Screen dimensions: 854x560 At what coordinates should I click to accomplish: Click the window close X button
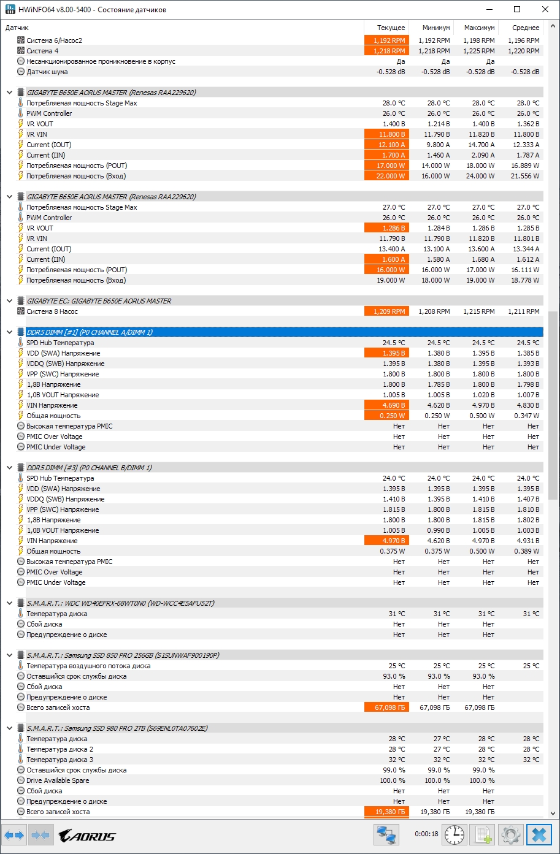click(x=545, y=9)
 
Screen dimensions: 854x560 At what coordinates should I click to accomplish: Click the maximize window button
click(x=517, y=9)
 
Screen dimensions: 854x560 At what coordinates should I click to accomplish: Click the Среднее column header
click(x=526, y=28)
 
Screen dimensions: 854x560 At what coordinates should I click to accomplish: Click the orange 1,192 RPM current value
click(x=386, y=40)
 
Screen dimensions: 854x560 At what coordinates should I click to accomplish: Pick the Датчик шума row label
click(x=47, y=72)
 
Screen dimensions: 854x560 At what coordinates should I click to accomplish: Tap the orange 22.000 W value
click(x=386, y=176)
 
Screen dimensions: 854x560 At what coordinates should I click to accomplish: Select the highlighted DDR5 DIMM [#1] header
click(x=90, y=332)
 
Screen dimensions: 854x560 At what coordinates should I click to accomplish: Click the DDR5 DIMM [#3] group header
click(x=90, y=468)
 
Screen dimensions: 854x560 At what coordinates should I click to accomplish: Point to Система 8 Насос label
click(x=52, y=311)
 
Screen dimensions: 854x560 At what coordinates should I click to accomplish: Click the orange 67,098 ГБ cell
click(x=386, y=707)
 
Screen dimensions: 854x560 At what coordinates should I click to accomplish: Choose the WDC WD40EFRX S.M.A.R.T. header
click(x=120, y=603)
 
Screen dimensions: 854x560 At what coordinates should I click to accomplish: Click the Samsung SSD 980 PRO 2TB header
click(x=117, y=728)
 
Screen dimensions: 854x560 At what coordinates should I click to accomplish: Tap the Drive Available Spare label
click(x=58, y=780)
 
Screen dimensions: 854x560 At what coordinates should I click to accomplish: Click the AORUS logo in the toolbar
click(x=86, y=835)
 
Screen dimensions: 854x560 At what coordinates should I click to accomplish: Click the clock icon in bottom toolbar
click(x=454, y=835)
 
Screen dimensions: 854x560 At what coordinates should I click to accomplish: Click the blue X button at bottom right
click(x=539, y=835)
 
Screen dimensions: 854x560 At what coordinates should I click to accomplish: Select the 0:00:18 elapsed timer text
click(x=426, y=834)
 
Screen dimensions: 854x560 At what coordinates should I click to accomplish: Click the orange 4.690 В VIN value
click(x=386, y=405)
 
